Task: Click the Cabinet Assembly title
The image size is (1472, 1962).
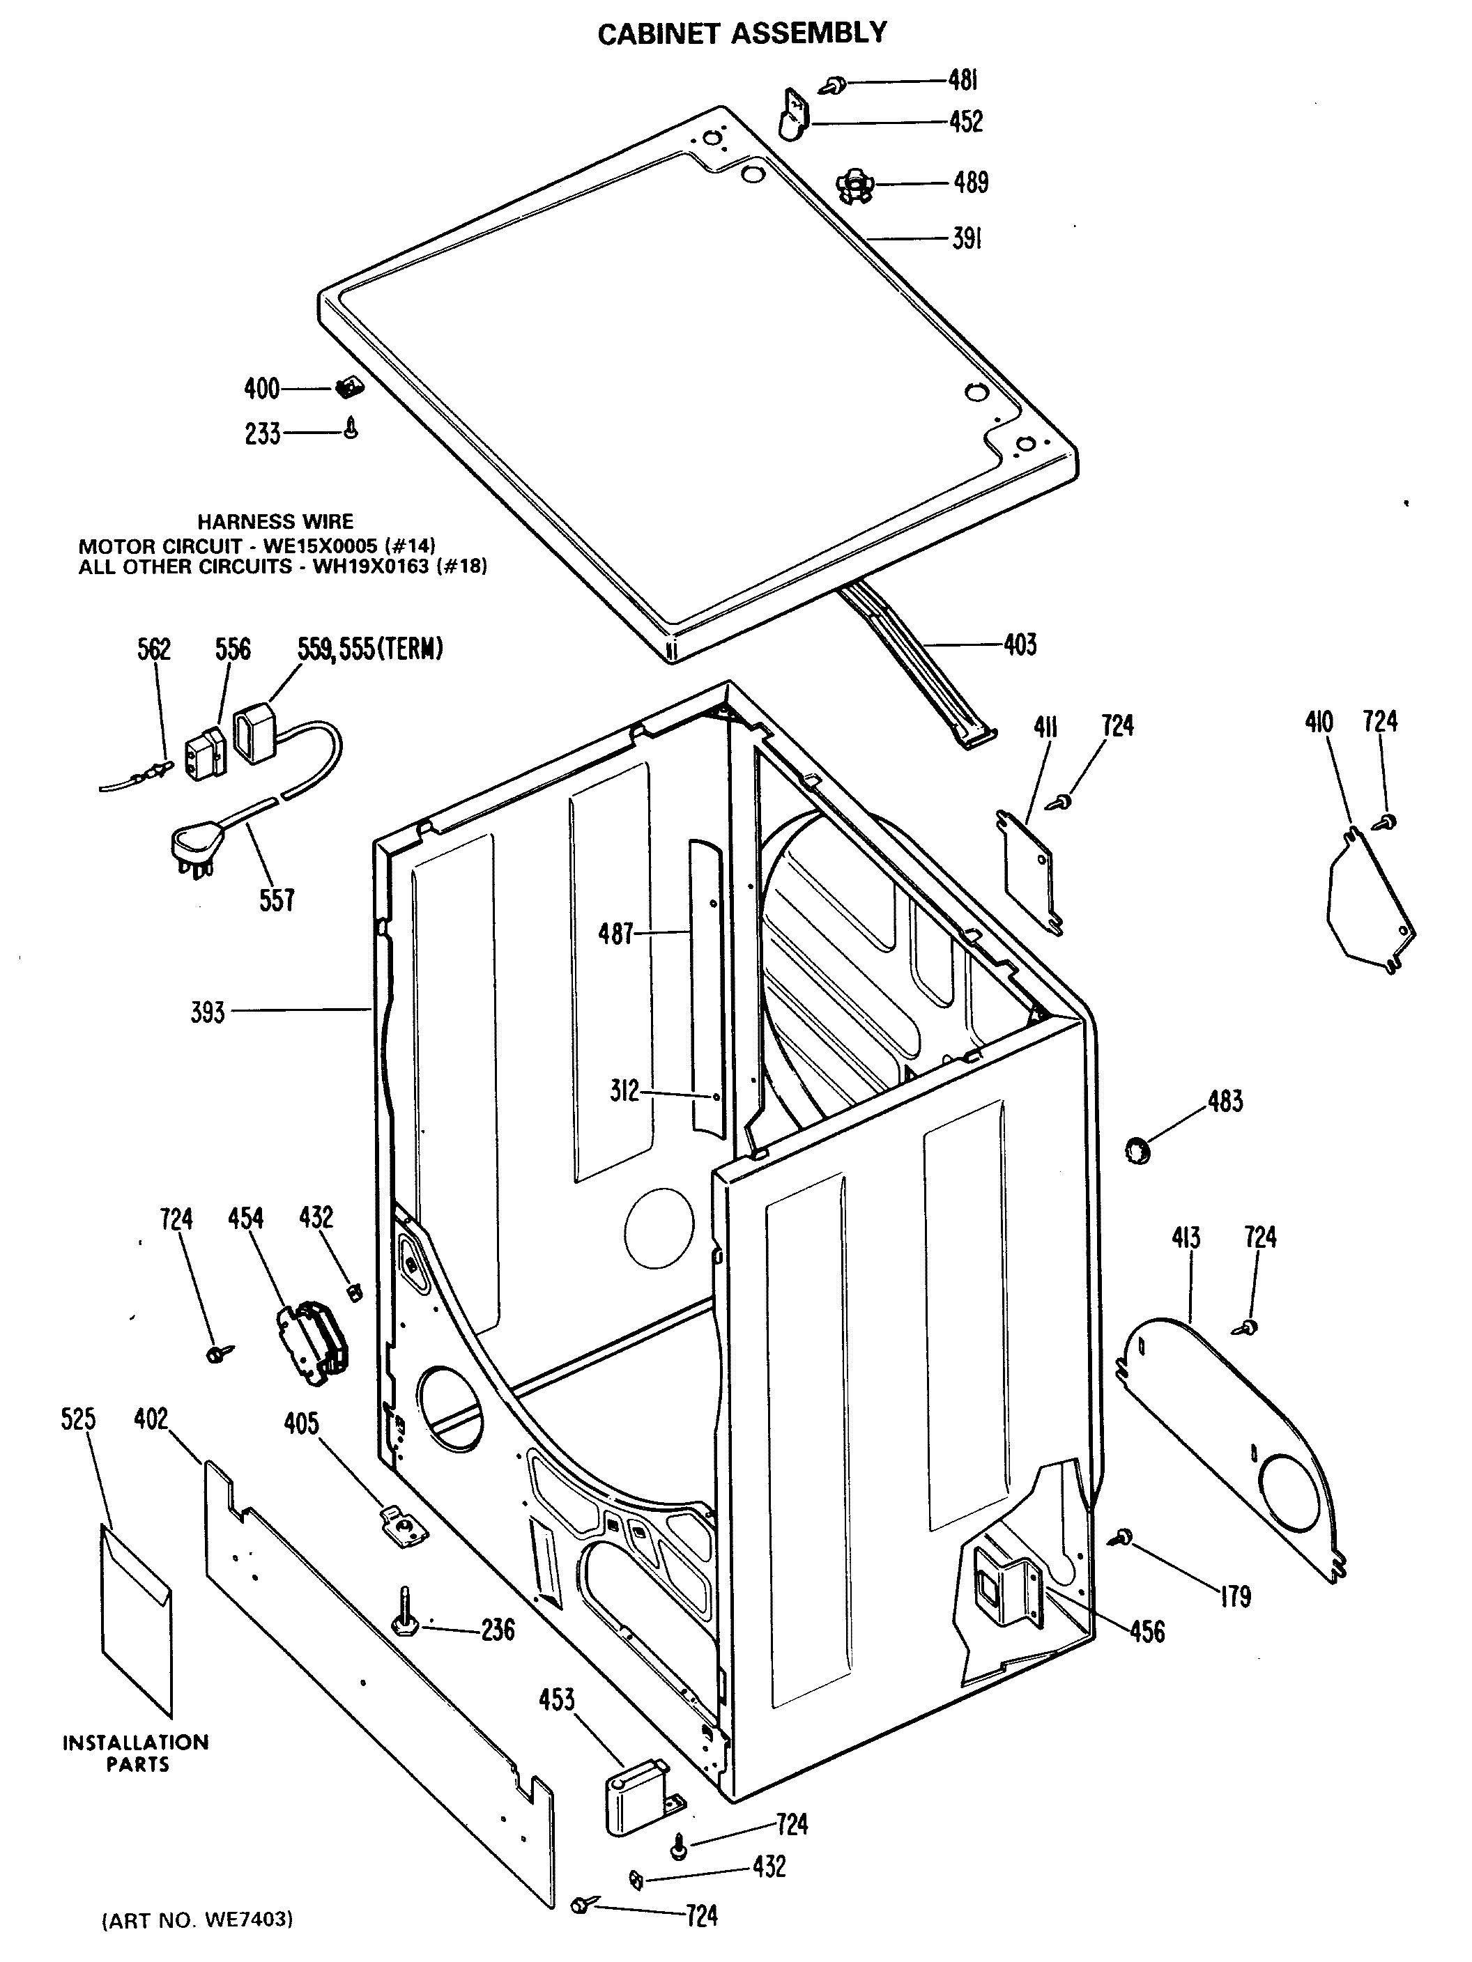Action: pos(742,33)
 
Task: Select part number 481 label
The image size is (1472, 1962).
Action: pos(963,81)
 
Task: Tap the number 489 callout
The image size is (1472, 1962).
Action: pos(971,183)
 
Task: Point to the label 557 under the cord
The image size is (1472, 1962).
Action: pos(277,900)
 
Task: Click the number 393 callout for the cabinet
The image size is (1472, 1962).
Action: pos(208,1012)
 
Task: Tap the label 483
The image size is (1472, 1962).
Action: pos(1225,1102)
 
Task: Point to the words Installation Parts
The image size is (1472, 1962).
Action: pos(136,1753)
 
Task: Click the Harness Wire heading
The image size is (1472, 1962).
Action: pos(275,522)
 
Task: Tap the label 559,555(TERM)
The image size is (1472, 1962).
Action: pos(370,649)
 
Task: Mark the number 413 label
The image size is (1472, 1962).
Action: pos(1186,1237)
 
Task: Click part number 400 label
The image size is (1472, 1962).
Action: pos(262,389)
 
